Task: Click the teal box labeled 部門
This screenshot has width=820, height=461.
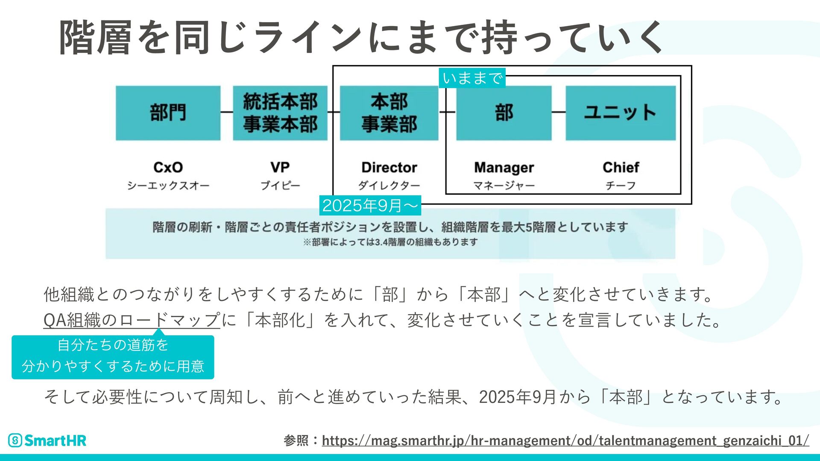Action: (x=168, y=113)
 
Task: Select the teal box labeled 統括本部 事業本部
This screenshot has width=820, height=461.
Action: (x=280, y=113)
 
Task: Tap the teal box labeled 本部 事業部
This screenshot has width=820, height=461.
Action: (x=389, y=113)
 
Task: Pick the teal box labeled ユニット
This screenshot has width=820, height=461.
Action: (x=621, y=113)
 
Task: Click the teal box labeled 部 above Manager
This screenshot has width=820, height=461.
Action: (x=504, y=113)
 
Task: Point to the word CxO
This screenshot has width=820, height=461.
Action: (x=168, y=167)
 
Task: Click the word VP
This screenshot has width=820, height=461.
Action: (x=280, y=167)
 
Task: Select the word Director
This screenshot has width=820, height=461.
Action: (x=389, y=167)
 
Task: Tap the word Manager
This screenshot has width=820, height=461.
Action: (x=504, y=168)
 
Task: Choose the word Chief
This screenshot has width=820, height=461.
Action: (x=621, y=167)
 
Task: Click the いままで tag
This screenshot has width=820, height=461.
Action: (x=472, y=78)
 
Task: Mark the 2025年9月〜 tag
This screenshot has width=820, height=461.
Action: (x=370, y=206)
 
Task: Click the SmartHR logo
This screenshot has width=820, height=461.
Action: (x=47, y=440)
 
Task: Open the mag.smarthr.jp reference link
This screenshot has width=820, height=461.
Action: (x=565, y=440)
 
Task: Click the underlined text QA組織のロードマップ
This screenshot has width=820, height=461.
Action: (x=132, y=320)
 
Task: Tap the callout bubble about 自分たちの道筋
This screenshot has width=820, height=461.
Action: (x=113, y=356)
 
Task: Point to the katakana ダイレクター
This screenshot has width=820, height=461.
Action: (x=389, y=186)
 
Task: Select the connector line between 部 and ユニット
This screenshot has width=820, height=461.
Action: (x=559, y=112)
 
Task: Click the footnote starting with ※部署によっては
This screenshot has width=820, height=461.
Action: (x=390, y=242)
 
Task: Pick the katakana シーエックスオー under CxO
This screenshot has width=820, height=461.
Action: (x=168, y=186)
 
